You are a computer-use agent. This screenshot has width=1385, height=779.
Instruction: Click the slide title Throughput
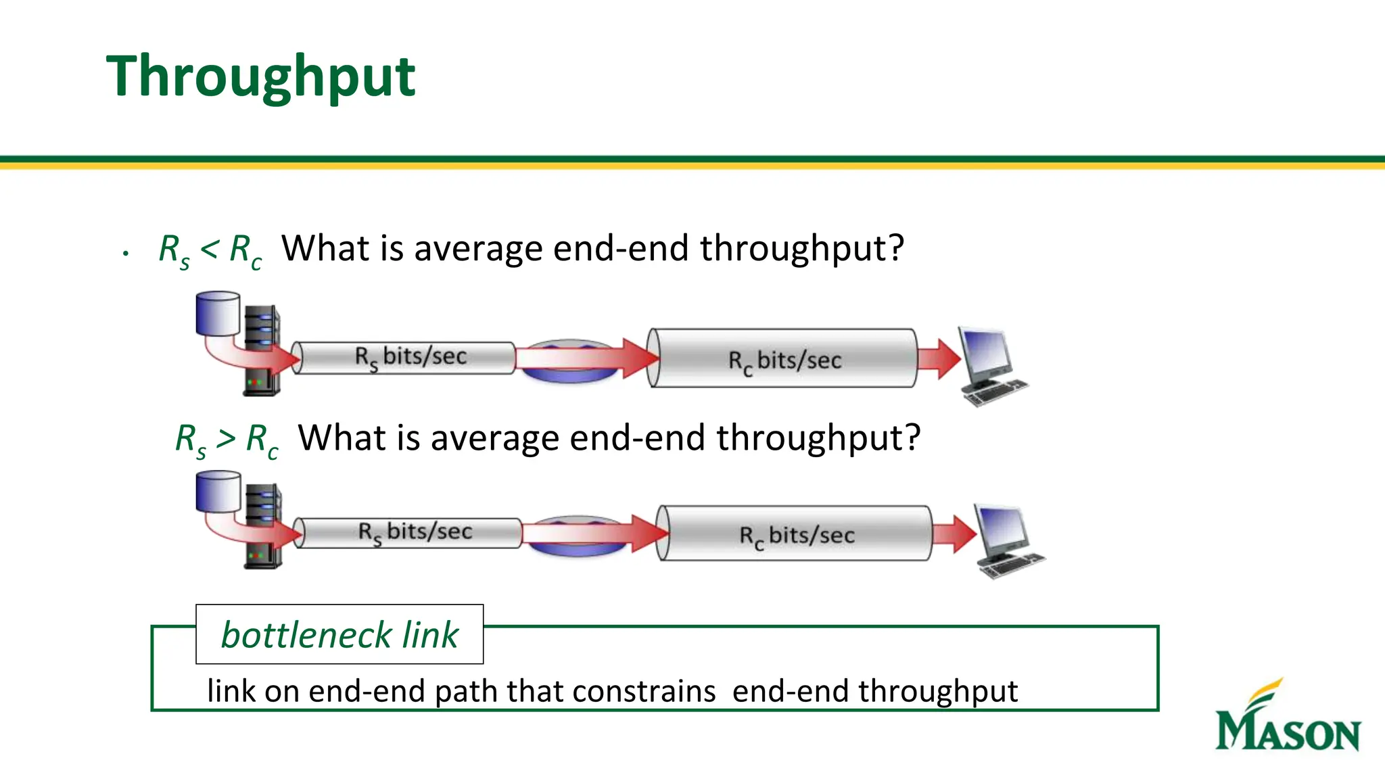(x=260, y=76)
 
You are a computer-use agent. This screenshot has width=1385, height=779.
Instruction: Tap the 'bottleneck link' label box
(x=339, y=634)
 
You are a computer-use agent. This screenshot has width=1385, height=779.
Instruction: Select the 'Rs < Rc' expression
(x=210, y=250)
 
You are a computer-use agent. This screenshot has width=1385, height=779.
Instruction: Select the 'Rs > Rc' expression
(x=227, y=440)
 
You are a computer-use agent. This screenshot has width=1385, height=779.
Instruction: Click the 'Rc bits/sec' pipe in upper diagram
(x=784, y=358)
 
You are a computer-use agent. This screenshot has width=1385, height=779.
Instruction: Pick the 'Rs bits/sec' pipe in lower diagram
(x=413, y=532)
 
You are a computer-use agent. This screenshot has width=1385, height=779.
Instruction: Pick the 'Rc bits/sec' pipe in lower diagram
(x=796, y=534)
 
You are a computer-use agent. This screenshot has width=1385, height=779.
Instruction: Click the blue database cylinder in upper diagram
(x=218, y=313)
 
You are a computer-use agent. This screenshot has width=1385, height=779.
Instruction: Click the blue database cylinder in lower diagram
(x=218, y=492)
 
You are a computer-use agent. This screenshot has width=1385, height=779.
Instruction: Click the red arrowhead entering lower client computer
(x=962, y=534)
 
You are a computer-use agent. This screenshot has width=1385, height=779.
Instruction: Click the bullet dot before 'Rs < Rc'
(x=126, y=254)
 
